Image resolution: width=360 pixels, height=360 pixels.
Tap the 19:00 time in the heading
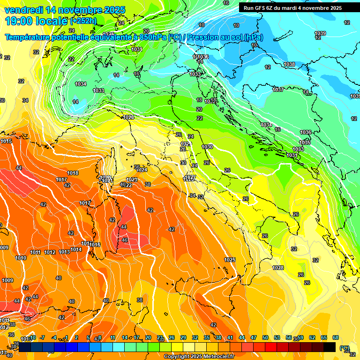point(20,21)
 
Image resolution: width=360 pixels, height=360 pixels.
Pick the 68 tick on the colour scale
point(336,337)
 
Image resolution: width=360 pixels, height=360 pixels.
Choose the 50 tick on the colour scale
point(265,337)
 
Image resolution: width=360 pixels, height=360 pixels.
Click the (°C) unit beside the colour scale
point(345,348)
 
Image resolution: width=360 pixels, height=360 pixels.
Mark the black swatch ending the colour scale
point(330,347)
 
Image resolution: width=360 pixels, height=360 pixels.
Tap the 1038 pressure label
point(289,64)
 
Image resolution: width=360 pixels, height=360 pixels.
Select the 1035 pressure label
point(305,142)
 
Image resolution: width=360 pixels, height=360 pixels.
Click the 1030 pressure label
point(207,147)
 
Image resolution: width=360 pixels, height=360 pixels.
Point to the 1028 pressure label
point(278,268)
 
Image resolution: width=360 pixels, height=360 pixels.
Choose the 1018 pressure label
point(73,173)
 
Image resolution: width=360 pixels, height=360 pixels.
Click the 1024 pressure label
point(142,170)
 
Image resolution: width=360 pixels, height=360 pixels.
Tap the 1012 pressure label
point(50,252)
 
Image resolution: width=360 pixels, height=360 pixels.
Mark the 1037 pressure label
point(278,90)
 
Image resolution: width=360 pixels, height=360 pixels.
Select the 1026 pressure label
point(128,117)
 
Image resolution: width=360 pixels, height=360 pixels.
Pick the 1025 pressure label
point(230,260)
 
